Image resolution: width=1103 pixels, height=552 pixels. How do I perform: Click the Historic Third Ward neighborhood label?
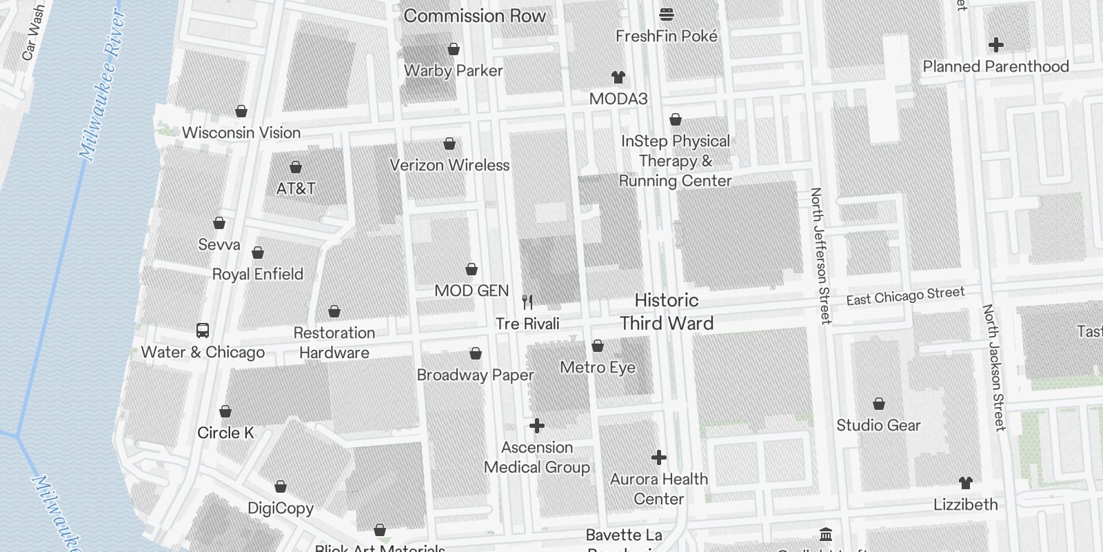point(666,312)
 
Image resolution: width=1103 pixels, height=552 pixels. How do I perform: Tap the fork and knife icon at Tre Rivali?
point(527,302)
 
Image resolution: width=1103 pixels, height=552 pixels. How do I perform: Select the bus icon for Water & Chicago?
point(203,331)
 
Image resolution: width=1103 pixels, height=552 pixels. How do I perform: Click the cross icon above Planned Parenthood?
point(995,45)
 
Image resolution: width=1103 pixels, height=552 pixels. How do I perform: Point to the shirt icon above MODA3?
point(618,77)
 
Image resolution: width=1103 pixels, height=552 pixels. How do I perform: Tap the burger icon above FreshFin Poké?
point(666,14)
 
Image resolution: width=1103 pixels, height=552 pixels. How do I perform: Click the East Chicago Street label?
point(904,296)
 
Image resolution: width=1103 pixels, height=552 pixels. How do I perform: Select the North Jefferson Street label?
point(820,255)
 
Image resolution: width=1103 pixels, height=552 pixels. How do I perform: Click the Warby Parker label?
point(453,70)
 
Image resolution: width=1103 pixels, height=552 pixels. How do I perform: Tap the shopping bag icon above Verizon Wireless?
point(449,144)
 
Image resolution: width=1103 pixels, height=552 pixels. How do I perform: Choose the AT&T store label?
point(296,188)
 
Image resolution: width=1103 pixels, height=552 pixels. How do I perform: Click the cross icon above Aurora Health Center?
point(659,457)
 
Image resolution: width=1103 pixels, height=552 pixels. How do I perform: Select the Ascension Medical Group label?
point(536,457)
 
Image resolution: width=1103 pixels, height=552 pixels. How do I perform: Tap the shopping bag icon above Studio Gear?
point(878,404)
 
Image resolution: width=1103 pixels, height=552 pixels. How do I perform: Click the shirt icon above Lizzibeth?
point(965,483)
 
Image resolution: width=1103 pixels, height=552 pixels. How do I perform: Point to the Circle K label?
point(225,433)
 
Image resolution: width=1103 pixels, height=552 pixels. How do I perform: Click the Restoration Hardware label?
point(334,342)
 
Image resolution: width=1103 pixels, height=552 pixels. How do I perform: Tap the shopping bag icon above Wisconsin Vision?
point(241,111)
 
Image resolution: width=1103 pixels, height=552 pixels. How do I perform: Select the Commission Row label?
point(474,16)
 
